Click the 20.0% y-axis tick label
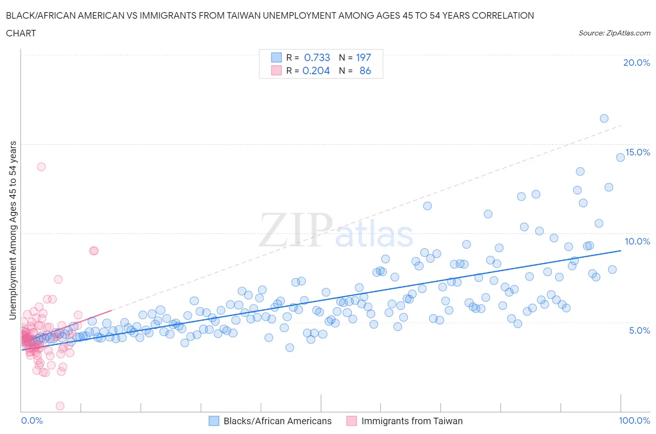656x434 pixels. coord(636,63)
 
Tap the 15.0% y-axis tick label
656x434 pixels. coord(637,152)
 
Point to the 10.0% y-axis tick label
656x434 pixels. coord(637,241)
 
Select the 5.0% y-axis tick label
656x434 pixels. coord(639,330)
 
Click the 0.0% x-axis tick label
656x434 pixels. coord(32,420)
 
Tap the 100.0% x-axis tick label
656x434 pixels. coord(634,420)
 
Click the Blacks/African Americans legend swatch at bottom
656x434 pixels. coord(214,421)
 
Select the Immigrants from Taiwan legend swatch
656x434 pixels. coord(351,421)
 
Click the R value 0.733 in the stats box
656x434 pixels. coord(317,57)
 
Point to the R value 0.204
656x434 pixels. coord(316,70)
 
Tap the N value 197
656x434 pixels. coord(363,57)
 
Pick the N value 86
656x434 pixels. coord(365,70)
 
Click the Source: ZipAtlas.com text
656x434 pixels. coord(614,33)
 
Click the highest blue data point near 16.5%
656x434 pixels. coord(604,119)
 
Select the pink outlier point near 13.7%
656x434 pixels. coord(41,167)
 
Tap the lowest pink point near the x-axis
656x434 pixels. coord(60,406)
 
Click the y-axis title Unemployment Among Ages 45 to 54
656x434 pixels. coord(13,230)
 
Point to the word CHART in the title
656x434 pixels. coord(21,33)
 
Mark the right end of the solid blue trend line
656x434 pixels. coord(621,251)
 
